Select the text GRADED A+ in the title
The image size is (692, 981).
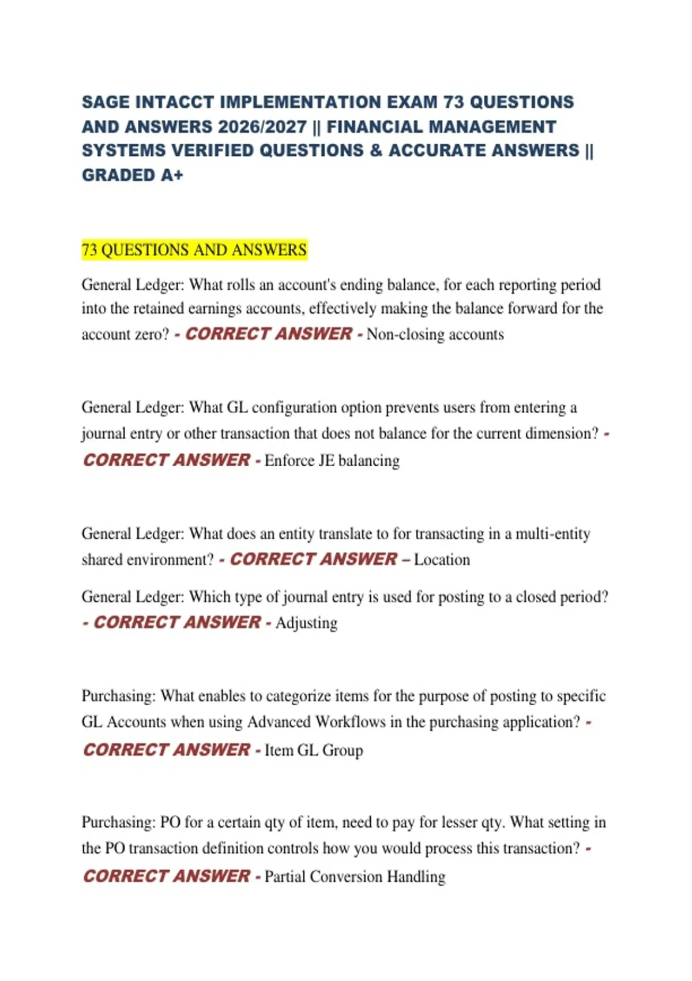[132, 175]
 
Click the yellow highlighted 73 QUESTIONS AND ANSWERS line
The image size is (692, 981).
[194, 250]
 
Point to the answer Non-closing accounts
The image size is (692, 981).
[435, 334]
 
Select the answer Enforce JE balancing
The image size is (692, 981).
[332, 460]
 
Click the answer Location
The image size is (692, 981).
[442, 559]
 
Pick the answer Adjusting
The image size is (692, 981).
[306, 623]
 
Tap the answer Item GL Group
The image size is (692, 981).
[314, 750]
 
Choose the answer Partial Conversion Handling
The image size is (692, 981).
[355, 876]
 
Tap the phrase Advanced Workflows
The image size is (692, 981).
[317, 722]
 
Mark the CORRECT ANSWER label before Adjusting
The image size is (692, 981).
[177, 622]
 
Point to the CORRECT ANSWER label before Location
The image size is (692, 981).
[314, 559]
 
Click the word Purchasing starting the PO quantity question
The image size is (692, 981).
[118, 822]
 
